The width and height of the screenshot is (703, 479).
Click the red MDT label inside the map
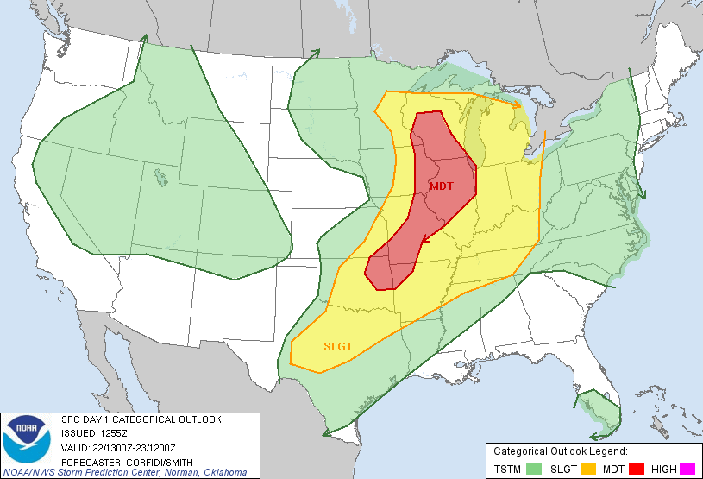coord(441,186)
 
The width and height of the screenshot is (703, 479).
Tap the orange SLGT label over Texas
coord(338,347)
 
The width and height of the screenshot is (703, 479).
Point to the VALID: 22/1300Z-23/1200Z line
coord(118,446)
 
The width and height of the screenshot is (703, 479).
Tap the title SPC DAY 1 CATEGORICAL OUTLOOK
coord(141,419)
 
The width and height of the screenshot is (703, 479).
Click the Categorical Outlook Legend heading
coord(560,451)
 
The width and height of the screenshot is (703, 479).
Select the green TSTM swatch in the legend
coord(535,469)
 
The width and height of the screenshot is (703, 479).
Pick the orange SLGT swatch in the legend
coord(589,469)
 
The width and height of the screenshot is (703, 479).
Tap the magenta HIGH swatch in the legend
coord(687,469)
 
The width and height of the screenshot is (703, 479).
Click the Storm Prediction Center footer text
coord(125,472)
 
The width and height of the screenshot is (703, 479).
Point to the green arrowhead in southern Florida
coord(596,436)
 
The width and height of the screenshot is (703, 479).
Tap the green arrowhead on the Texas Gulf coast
coord(355,420)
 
